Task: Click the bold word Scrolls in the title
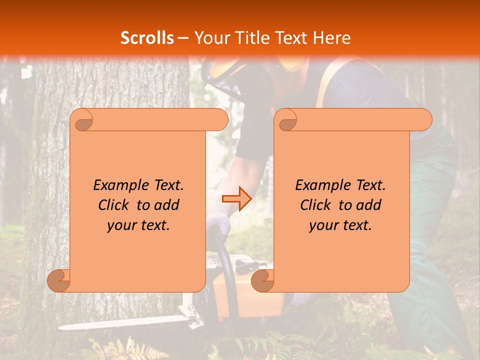[x=147, y=38]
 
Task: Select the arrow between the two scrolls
[x=236, y=199]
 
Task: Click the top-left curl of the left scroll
[x=82, y=120]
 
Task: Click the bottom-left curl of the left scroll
[x=59, y=280]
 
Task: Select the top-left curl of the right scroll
[x=286, y=120]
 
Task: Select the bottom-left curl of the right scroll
[x=263, y=280]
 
